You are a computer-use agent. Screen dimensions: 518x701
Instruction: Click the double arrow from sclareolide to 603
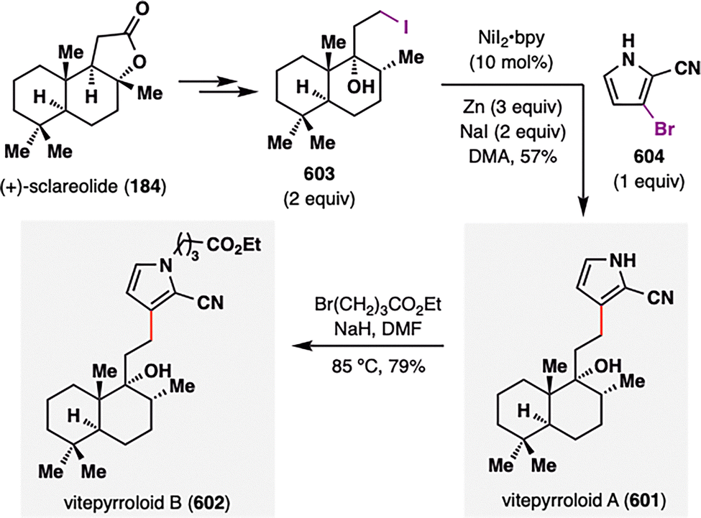(208, 86)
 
